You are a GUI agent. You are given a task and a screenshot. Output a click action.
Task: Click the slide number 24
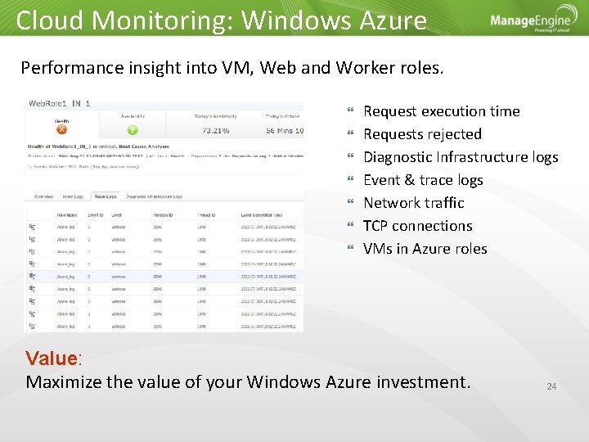551,386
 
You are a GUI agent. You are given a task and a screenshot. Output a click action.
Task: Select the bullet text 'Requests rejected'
422,134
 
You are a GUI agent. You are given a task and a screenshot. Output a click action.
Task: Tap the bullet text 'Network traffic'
413,203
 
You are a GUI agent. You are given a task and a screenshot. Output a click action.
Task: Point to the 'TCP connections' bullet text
417,226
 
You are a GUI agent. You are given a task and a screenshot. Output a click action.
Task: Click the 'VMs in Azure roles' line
425,249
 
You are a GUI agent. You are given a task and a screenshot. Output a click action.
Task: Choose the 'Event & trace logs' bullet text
423,180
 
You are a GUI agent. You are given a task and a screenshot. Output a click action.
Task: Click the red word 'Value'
51,359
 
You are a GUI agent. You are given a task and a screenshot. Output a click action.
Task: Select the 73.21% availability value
215,130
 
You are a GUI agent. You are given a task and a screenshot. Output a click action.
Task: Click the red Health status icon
61,129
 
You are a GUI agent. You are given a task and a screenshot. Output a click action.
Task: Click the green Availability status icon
132,129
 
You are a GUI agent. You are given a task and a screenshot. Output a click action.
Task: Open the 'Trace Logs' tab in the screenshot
105,196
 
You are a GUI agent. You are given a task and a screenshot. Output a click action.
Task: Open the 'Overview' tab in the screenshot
43,196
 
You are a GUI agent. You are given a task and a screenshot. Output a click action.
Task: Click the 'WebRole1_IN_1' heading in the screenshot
59,104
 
